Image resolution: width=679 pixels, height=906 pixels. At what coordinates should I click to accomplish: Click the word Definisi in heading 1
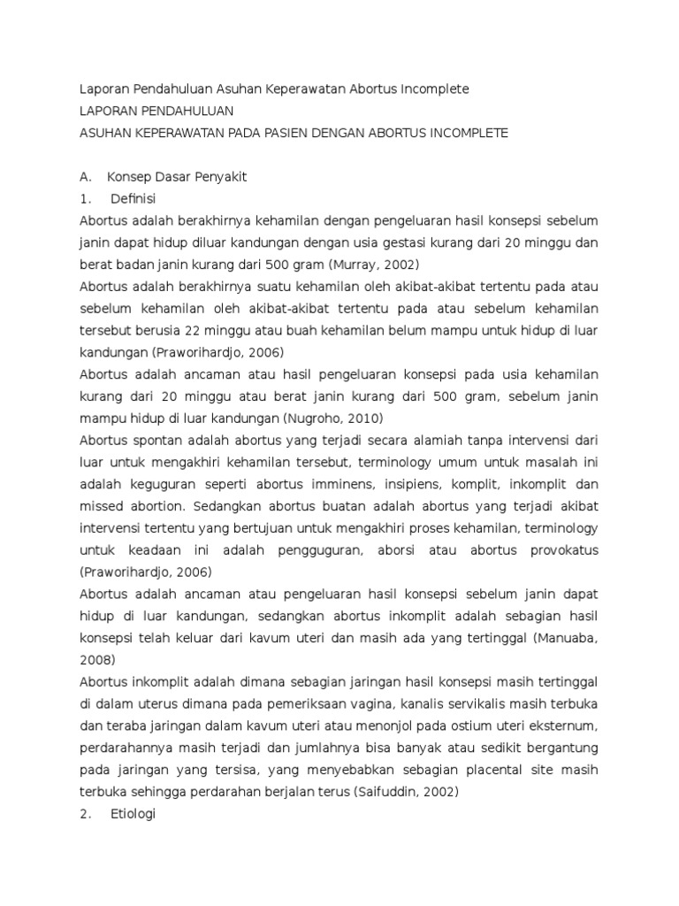pyautogui.click(x=133, y=198)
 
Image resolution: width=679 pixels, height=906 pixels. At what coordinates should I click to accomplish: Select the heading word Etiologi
pyautogui.click(x=133, y=814)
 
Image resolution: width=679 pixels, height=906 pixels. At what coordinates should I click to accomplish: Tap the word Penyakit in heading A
pyautogui.click(x=218, y=176)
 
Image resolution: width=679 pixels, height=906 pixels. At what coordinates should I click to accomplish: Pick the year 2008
pyautogui.click(x=96, y=660)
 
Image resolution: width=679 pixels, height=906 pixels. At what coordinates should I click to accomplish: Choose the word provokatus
pyautogui.click(x=558, y=550)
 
